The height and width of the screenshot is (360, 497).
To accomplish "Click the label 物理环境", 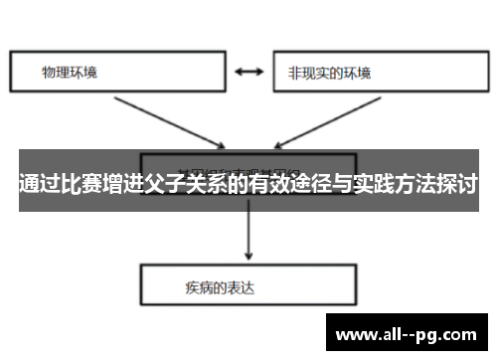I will [70, 73].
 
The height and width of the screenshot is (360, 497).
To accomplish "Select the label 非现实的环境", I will [328, 73].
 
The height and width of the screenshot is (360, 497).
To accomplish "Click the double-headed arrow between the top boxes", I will [248, 72].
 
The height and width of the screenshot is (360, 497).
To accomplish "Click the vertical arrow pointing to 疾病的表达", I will [248, 235].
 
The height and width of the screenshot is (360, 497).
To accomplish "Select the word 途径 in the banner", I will [309, 184].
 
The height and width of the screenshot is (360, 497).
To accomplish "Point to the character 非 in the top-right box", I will [294, 73].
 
